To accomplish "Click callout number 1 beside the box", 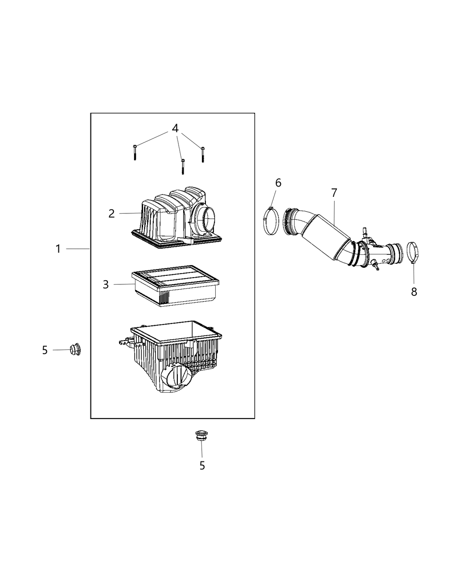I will pos(58,249).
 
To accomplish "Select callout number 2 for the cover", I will pos(111,213).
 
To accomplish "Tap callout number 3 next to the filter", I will pos(106,284).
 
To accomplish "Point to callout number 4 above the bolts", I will pos(175,129).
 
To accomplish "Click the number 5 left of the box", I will pos(45,350).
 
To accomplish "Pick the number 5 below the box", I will pos(202,466).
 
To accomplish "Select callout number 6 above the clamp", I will pos(278,183).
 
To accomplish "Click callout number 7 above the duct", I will pos(334,193).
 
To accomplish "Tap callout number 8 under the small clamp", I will pos(414,292).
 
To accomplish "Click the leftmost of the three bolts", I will pos(134,152).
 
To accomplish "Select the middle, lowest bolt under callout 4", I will pos(182,166).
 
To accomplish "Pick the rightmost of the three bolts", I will pos(202,154).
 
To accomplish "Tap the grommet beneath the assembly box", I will pos(202,436).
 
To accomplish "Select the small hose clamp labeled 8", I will pos(413,252).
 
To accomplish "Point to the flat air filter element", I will pos(174,288).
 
